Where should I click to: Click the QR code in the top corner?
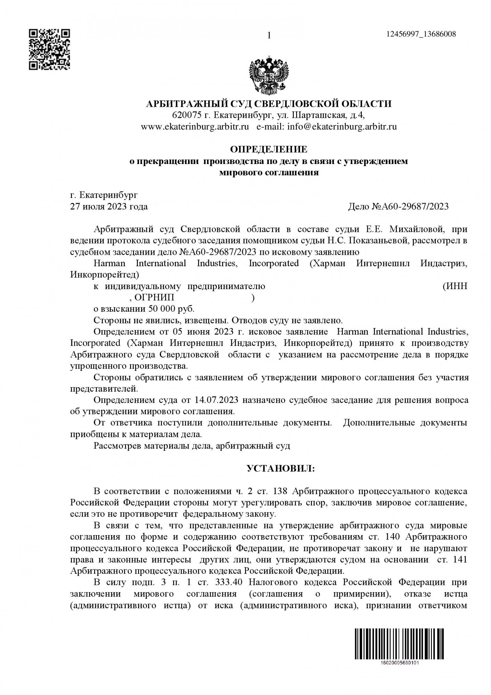tap(49, 50)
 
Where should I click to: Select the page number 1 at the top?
tap(269, 35)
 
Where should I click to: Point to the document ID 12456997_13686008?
tap(421, 34)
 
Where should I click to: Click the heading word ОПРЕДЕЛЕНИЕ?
tap(269, 149)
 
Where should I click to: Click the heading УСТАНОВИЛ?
tap(280, 468)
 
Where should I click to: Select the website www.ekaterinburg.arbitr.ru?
tap(195, 126)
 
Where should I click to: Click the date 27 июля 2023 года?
tap(109, 207)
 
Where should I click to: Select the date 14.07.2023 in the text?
tap(214, 400)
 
